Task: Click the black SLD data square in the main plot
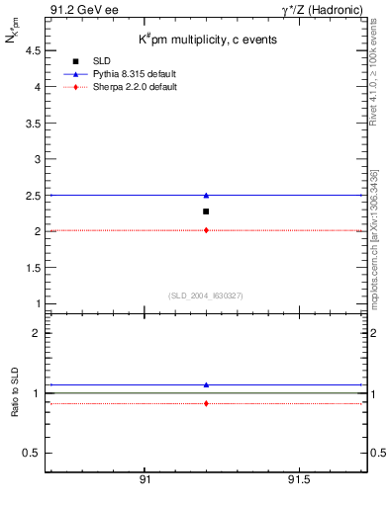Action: tap(206, 211)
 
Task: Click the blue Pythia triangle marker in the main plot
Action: tap(206, 196)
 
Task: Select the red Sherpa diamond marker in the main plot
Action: tap(206, 230)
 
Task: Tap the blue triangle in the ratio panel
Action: tap(206, 384)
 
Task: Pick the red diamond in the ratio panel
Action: tap(206, 403)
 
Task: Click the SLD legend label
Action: tap(101, 61)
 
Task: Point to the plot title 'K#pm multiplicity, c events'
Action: tap(207, 39)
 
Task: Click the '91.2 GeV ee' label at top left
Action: tap(77, 10)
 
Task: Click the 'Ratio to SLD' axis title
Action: tap(14, 392)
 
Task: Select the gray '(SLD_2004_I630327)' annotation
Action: tap(206, 295)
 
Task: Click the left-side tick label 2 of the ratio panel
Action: tap(35, 333)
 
